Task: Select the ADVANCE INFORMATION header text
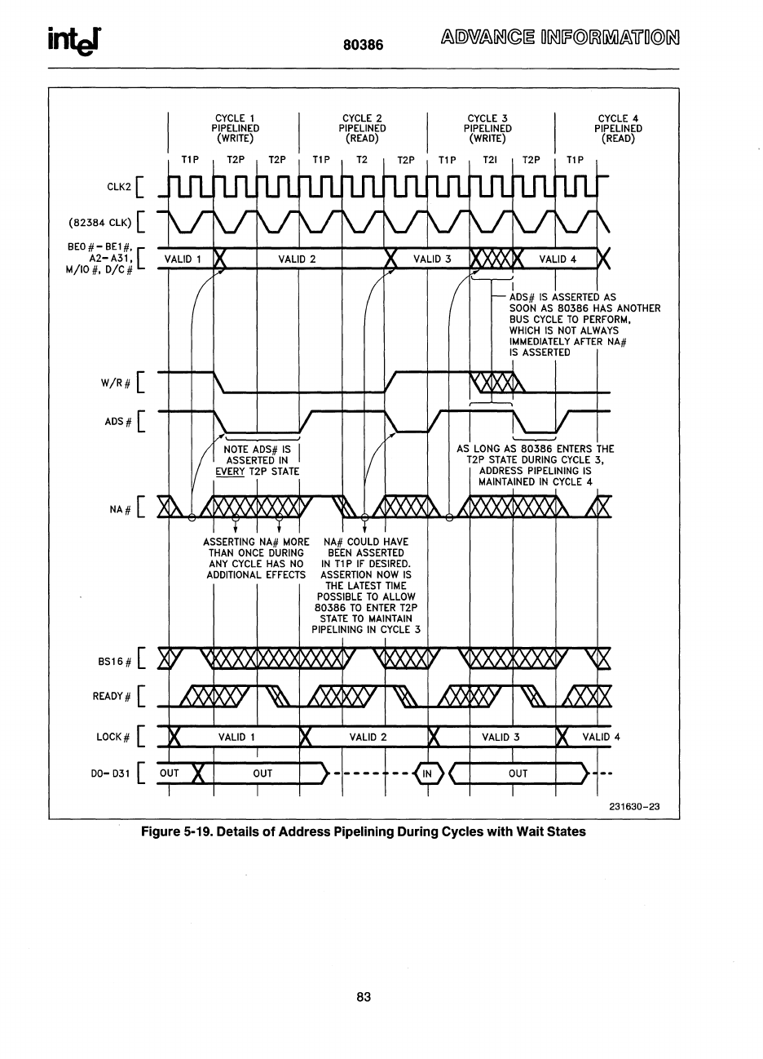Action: tap(560, 38)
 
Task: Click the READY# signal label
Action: tap(112, 696)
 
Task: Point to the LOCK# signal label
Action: tap(114, 737)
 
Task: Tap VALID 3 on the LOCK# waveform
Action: tap(501, 737)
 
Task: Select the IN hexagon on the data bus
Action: tap(428, 773)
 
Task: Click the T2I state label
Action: tap(490, 160)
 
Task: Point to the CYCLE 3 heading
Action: tap(487, 118)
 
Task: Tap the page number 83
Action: tap(364, 996)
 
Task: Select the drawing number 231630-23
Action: tap(633, 807)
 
